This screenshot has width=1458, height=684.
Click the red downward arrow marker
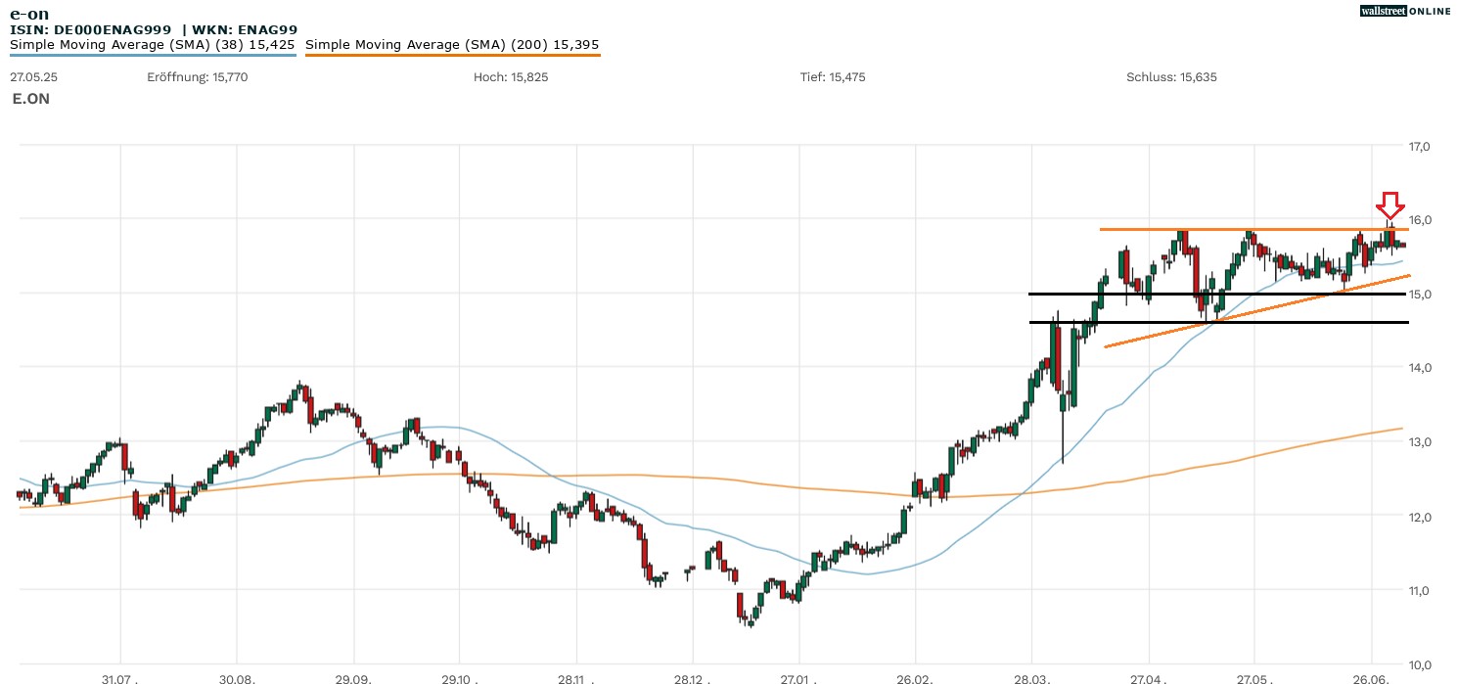click(x=1390, y=205)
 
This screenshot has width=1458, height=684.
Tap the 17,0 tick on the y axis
click(x=1419, y=147)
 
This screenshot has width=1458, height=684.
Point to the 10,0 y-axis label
click(x=1419, y=664)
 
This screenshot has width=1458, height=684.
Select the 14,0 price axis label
click(x=1419, y=368)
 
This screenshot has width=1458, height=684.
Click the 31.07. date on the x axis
click(x=119, y=678)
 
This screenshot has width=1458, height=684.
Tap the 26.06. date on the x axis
click(x=1371, y=678)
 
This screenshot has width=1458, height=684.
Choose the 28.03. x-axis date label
click(x=1031, y=678)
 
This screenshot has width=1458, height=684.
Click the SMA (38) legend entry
click(x=153, y=45)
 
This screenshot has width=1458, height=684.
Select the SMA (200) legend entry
click(x=452, y=45)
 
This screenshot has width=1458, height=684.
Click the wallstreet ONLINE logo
click(x=1405, y=11)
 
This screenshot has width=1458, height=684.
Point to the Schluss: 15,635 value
click(x=1171, y=77)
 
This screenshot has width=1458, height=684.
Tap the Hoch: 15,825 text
click(x=511, y=77)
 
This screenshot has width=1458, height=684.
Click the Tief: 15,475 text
click(x=833, y=77)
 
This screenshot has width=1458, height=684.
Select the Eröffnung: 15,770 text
click(x=198, y=77)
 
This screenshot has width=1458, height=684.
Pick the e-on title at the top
click(x=29, y=14)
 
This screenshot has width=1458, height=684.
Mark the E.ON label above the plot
click(x=31, y=99)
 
